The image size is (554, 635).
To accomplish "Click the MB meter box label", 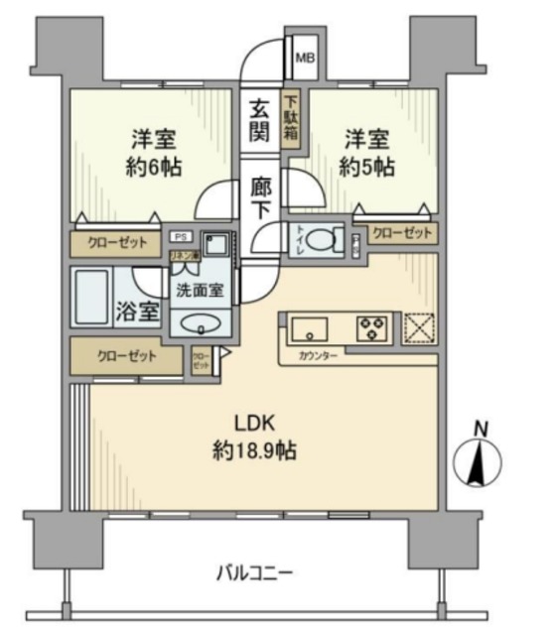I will tap(304, 58).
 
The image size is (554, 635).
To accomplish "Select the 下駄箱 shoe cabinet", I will tap(292, 119).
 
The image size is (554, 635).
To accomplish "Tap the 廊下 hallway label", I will tap(260, 196).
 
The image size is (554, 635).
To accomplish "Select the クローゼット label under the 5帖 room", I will tap(403, 233).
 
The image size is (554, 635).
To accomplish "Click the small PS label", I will tap(180, 236).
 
